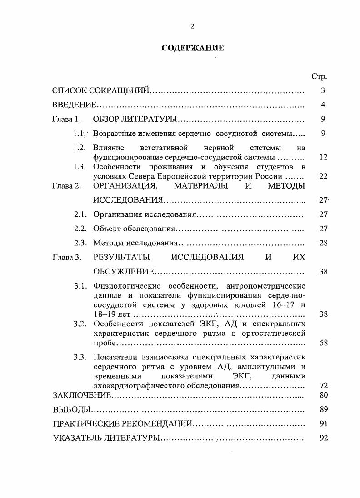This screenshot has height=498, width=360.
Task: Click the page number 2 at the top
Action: tap(192, 26)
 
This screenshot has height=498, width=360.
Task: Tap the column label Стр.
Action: tap(319, 76)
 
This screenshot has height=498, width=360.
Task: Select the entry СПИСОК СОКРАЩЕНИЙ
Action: tap(100, 91)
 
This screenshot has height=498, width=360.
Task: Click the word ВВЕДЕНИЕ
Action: tap(74, 105)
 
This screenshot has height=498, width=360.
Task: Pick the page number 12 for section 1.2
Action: tap(323, 158)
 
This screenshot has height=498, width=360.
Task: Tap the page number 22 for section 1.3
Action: tap(323, 176)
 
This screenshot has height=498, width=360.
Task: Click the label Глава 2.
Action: tap(66, 186)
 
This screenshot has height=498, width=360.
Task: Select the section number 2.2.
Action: tap(80, 229)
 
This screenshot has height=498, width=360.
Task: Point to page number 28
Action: tap(323, 243)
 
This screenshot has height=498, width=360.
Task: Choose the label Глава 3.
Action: tap(66, 257)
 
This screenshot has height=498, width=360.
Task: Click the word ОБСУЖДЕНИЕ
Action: tap(124, 272)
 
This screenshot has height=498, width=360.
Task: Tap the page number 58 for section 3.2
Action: tap(323, 343)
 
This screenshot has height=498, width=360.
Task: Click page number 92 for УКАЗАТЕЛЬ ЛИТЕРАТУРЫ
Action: tap(323, 438)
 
